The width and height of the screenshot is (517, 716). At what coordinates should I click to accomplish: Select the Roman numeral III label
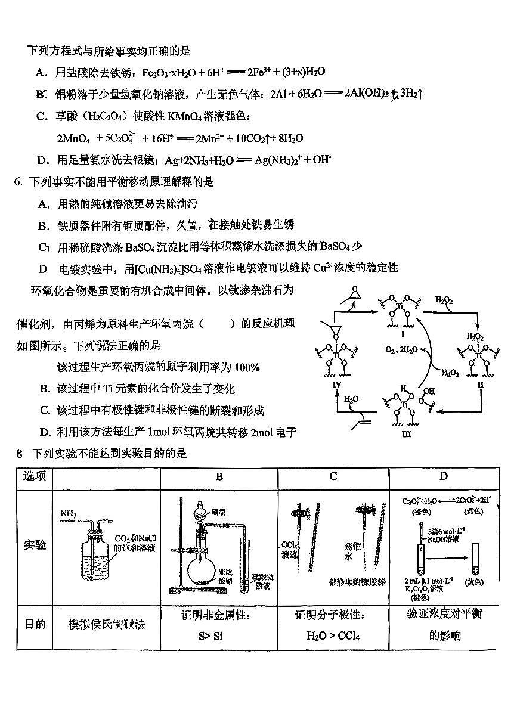point(406,434)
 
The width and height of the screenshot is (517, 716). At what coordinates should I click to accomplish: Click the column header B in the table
point(219,476)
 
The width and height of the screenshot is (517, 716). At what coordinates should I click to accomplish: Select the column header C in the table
point(333,476)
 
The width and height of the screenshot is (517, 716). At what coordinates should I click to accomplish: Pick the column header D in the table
point(443,476)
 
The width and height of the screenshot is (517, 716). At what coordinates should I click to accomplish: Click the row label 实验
point(35,545)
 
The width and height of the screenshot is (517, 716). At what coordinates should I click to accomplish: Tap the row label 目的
point(35,624)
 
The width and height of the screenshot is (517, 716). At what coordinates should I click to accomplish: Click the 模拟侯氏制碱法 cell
point(107,624)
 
